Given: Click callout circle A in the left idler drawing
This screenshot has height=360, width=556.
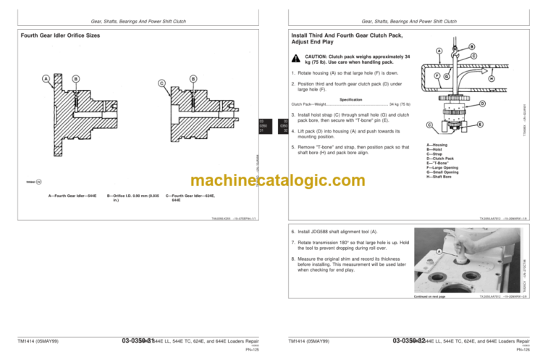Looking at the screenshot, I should [x=46, y=79].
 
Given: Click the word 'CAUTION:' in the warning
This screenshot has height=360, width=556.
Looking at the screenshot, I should [x=316, y=56].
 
